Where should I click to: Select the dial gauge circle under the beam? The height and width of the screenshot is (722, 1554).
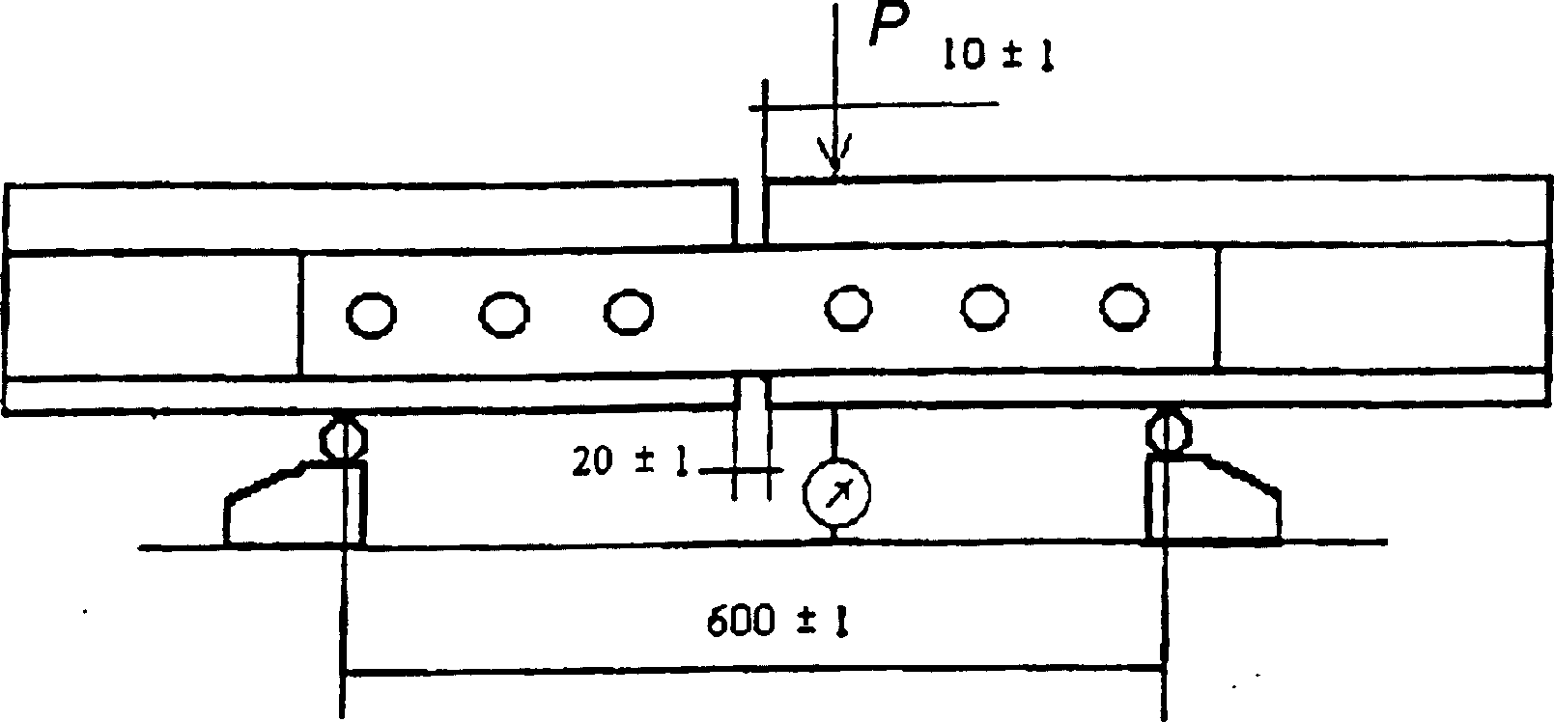(836, 491)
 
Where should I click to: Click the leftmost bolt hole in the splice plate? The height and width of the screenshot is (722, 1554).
(371, 316)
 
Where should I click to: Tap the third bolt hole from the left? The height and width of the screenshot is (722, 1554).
(629, 311)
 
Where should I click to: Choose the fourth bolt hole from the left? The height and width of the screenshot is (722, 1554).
(849, 308)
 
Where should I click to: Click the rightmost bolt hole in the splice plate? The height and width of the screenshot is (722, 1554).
(1124, 306)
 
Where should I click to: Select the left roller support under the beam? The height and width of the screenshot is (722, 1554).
(342, 437)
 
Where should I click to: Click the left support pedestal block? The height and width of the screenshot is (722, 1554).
(290, 507)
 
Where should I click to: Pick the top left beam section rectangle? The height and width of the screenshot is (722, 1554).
(367, 216)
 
